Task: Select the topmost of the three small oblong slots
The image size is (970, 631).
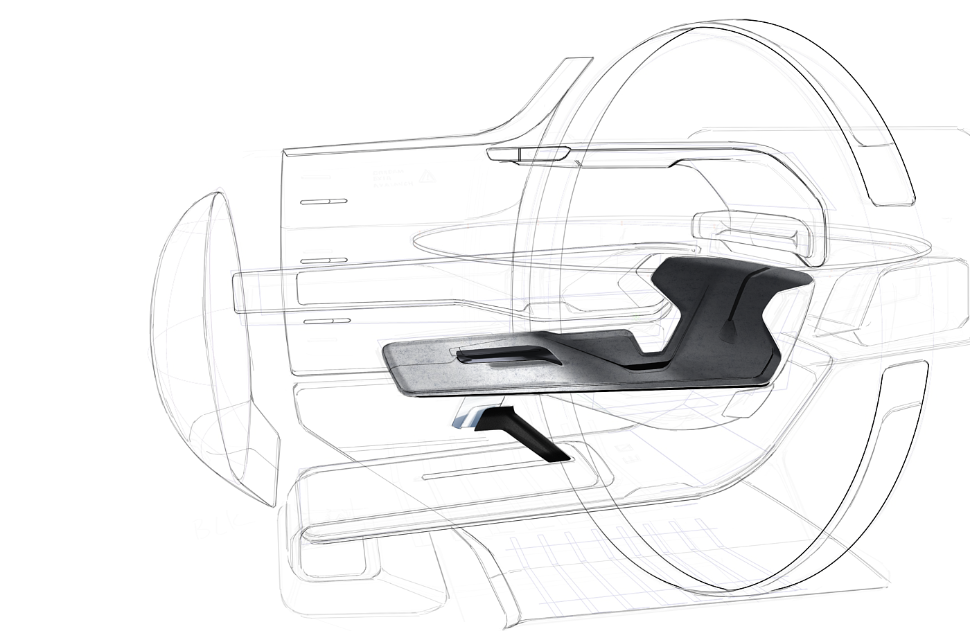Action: point(324,202)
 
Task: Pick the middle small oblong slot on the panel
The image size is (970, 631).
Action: point(324,260)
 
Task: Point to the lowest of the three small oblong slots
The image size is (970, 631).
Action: point(327,321)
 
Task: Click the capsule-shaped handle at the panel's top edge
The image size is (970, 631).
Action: point(528,154)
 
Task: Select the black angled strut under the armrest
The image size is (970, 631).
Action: point(527,434)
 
